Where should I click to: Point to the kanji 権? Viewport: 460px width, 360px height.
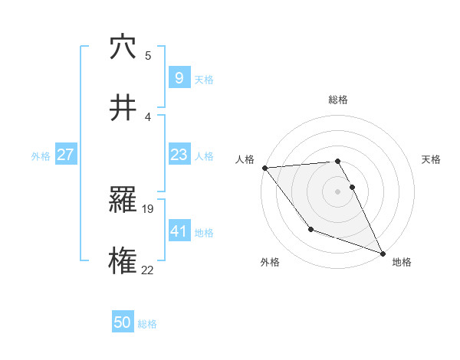pyautogui.click(x=123, y=260)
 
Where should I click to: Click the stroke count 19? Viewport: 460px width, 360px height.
pyautogui.click(x=149, y=208)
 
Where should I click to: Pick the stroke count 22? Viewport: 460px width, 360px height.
pyautogui.click(x=149, y=269)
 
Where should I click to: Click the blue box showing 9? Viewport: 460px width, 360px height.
pyautogui.click(x=179, y=78)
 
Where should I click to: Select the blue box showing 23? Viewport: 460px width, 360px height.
pyautogui.click(x=179, y=155)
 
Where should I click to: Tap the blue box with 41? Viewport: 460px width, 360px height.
pyautogui.click(x=179, y=231)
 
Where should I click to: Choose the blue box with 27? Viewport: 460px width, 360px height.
pyautogui.click(x=65, y=155)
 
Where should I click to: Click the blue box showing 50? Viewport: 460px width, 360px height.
pyautogui.click(x=123, y=322)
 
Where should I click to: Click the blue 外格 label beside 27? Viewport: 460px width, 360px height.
pyautogui.click(x=41, y=155)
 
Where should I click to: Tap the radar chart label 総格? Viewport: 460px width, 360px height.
pyautogui.click(x=338, y=100)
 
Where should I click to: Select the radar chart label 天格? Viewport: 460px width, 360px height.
pyautogui.click(x=432, y=159)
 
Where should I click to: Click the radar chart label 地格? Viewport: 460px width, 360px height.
pyautogui.click(x=402, y=262)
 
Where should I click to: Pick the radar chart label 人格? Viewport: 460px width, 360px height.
pyautogui.click(x=245, y=159)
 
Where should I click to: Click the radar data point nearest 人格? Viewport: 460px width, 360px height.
pyautogui.click(x=264, y=168)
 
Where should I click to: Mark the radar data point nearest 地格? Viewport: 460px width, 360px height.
pyautogui.click(x=382, y=253)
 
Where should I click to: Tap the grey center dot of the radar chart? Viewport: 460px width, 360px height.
pyautogui.click(x=338, y=191)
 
